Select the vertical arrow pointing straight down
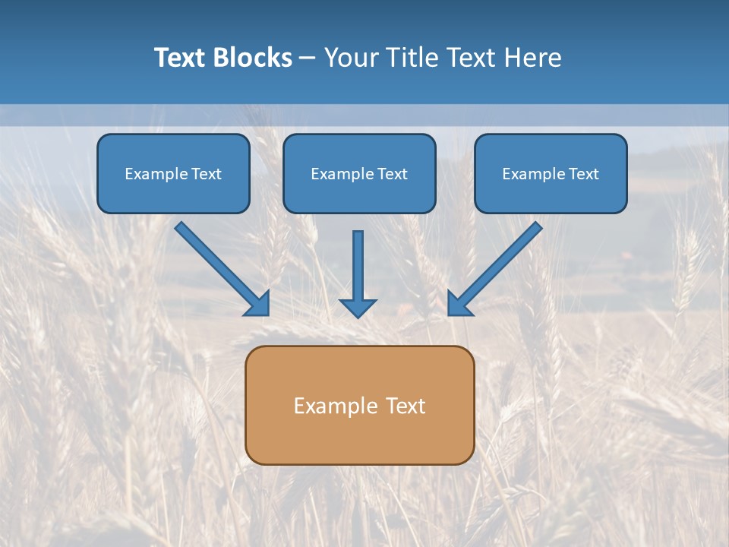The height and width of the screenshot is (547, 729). pos(358,270)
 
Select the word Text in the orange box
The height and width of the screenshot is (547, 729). pos(405,406)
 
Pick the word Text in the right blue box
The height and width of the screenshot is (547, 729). pos(583,174)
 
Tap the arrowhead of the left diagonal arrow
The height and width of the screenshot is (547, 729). pos(258,304)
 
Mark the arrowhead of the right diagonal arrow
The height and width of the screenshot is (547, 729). pos(459,304)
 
